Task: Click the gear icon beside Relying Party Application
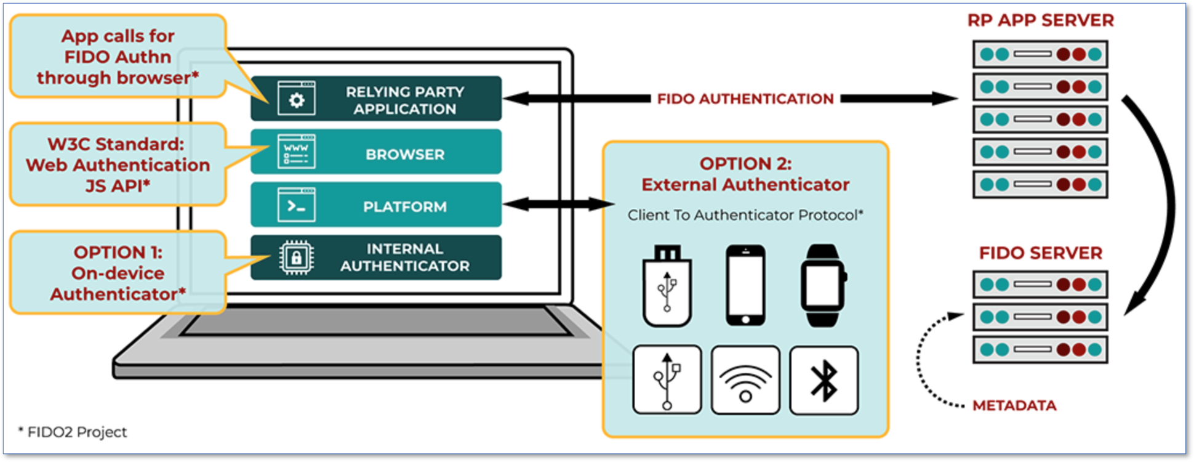[x=296, y=99]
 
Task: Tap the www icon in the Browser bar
[x=296, y=152]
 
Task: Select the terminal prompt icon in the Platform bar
[x=296, y=205]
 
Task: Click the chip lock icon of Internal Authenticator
[x=296, y=257]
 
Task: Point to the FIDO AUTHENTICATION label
[x=745, y=99]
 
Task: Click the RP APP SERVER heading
[x=1040, y=20]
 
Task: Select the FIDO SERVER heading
[x=1040, y=253]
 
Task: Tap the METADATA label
[x=1014, y=405]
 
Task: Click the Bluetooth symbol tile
[x=823, y=380]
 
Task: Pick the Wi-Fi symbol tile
[x=745, y=380]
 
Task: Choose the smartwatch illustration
[x=823, y=286]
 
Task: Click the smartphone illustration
[x=745, y=285]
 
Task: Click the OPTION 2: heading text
[x=745, y=164]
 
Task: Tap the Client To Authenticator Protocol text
[x=745, y=215]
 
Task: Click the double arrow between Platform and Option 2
[x=558, y=204]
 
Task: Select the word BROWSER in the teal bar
[x=404, y=154]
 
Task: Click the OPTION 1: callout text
[x=118, y=253]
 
